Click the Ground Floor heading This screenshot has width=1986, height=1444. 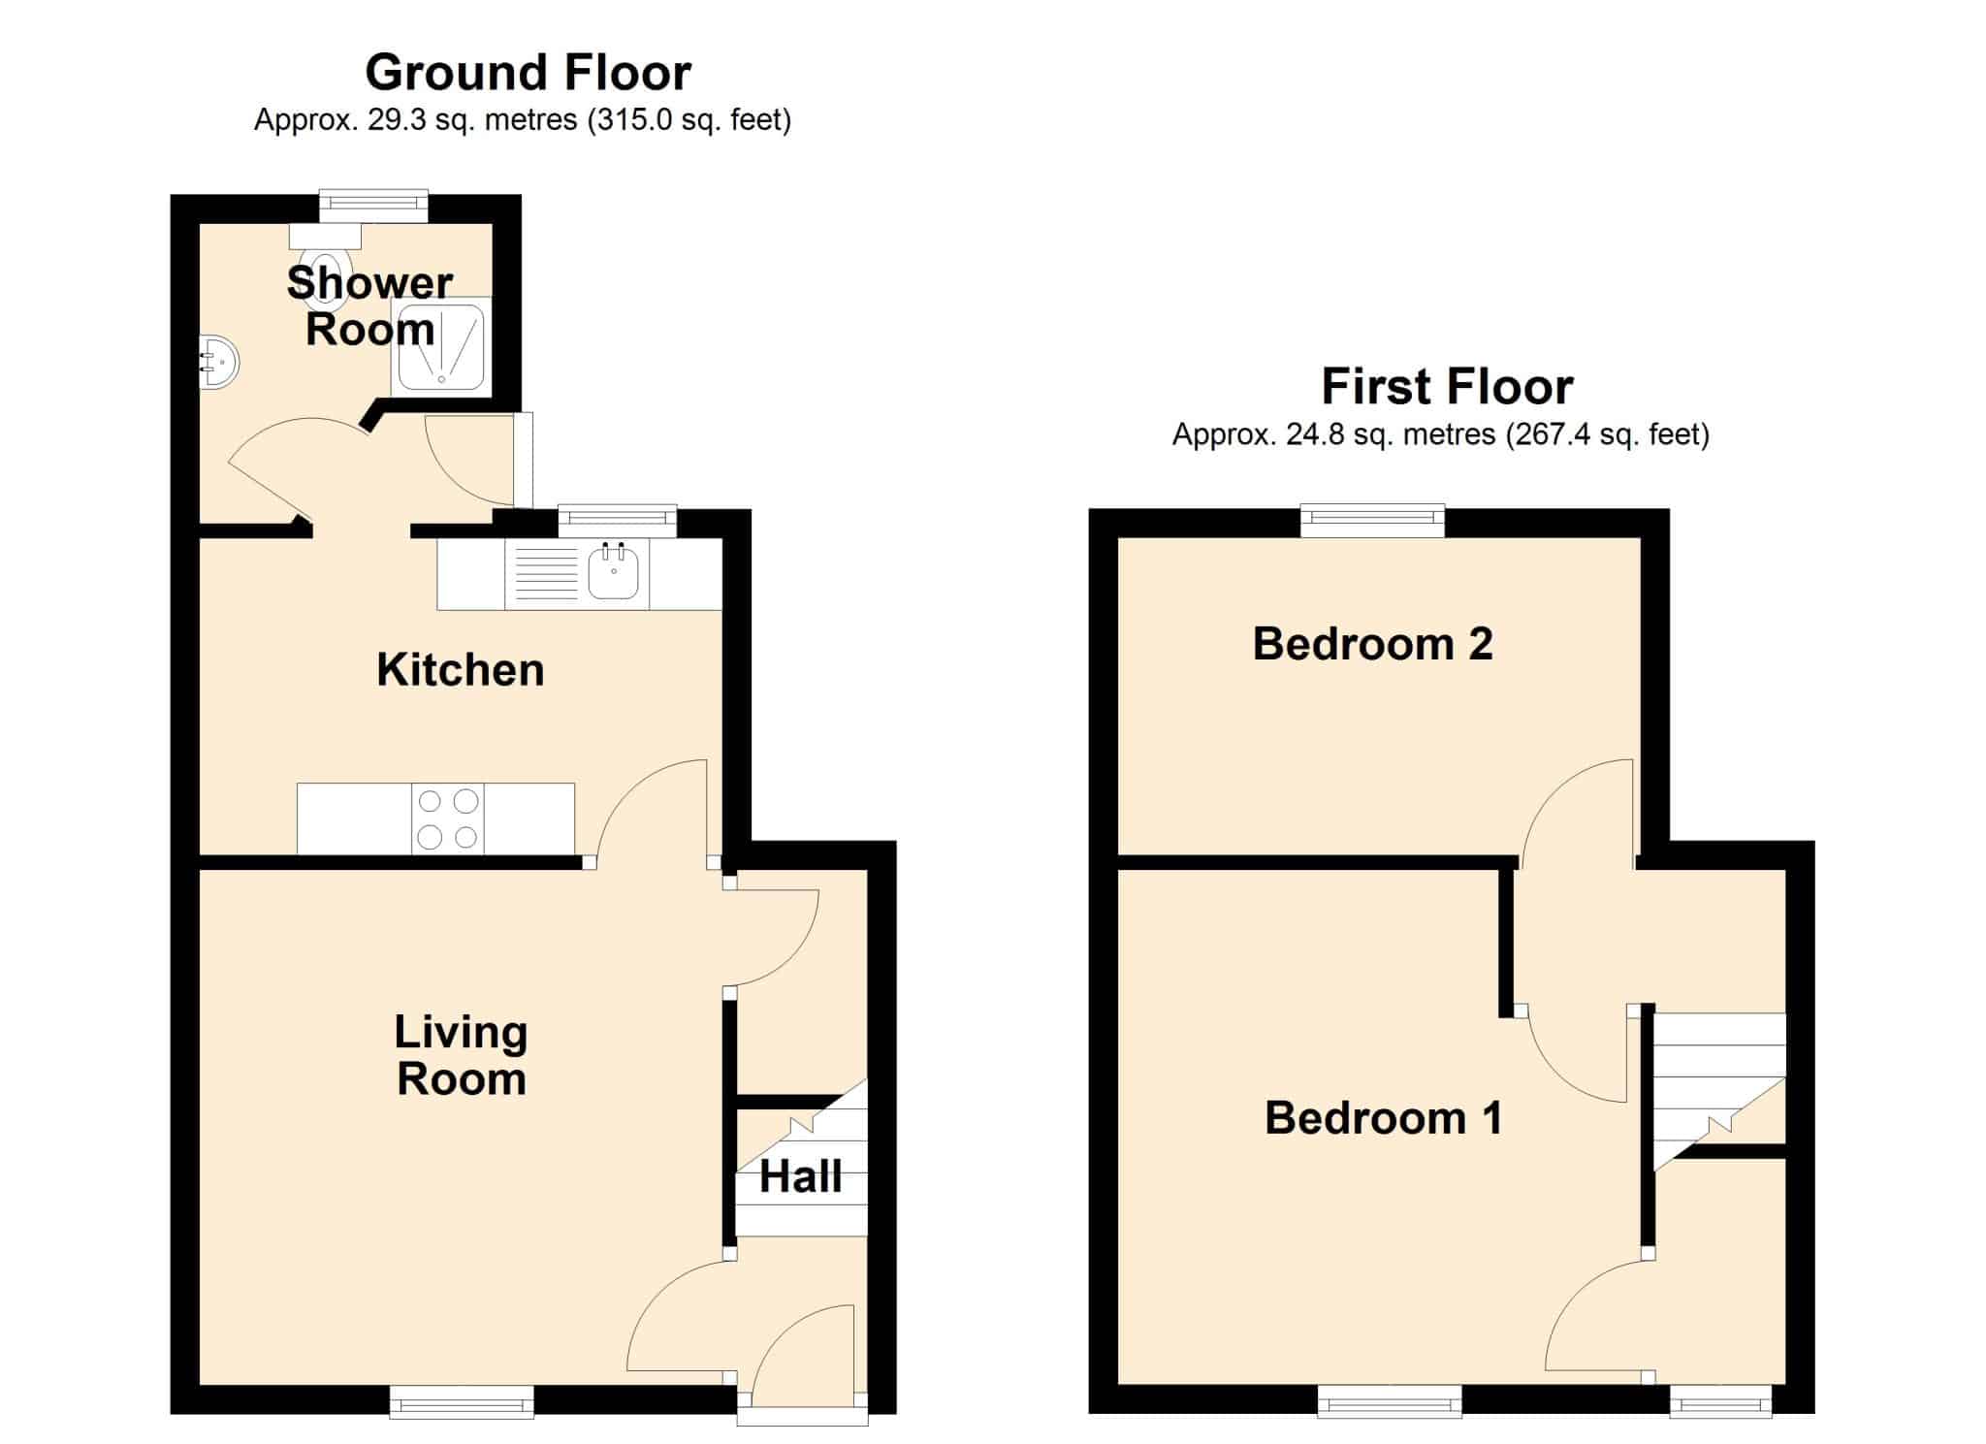529,73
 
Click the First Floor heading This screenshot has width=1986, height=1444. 1447,387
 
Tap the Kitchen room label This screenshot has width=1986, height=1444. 461,670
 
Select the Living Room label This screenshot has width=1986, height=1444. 462,1055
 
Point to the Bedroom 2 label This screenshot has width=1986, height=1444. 1372,644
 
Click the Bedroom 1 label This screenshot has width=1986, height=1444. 1384,1118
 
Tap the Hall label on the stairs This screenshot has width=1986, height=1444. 801,1177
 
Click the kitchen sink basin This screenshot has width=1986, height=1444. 613,573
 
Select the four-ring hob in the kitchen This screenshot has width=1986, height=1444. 448,819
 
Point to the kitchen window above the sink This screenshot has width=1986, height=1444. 617,520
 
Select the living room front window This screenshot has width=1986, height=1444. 462,1401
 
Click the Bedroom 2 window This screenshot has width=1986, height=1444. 1372,521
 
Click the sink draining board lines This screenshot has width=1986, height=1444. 547,575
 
